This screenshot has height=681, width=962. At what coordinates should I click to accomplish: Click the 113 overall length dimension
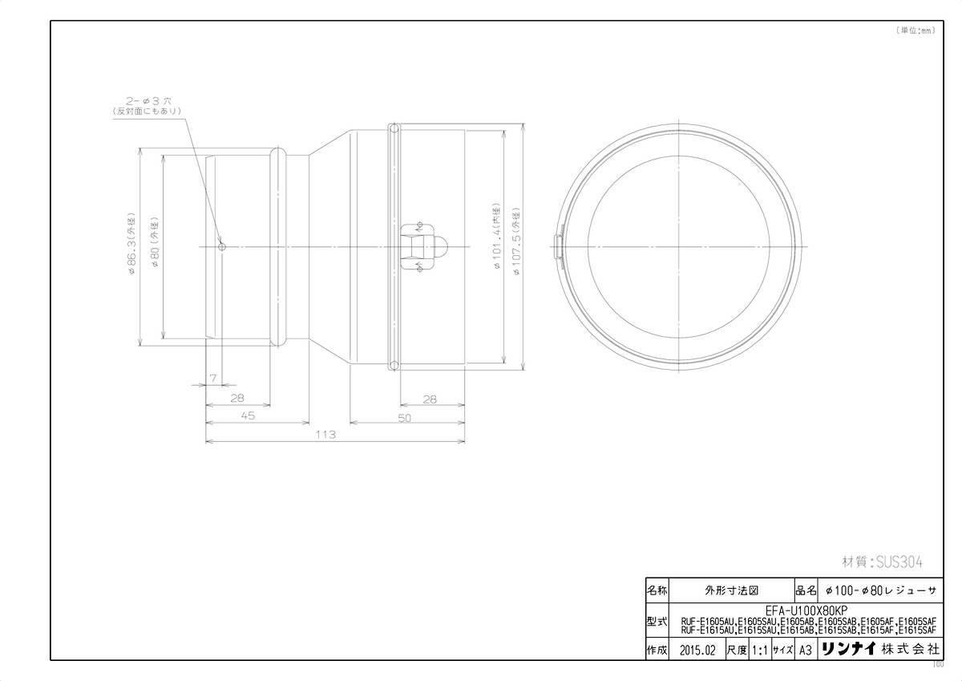tap(325, 434)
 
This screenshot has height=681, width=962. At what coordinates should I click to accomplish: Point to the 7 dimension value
tap(213, 376)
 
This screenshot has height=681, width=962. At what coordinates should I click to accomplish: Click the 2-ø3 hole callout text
tap(148, 102)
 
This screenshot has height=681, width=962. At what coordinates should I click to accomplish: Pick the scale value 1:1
tap(758, 650)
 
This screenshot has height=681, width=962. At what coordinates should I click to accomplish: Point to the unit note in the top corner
tap(915, 30)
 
